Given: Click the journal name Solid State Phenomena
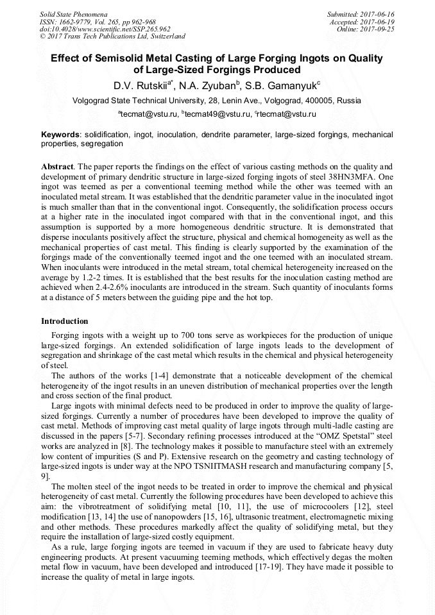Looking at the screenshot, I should coord(72,13).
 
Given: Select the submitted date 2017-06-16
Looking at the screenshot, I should coord(378,13).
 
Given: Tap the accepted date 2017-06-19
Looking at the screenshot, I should coord(378,21).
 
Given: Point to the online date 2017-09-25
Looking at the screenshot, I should coord(378,29).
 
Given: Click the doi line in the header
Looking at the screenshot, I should coord(105,29).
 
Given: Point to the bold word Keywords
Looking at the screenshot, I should coord(60,135).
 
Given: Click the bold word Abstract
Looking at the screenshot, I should coord(56,165).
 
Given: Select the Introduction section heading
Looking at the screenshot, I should coord(64,321).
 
